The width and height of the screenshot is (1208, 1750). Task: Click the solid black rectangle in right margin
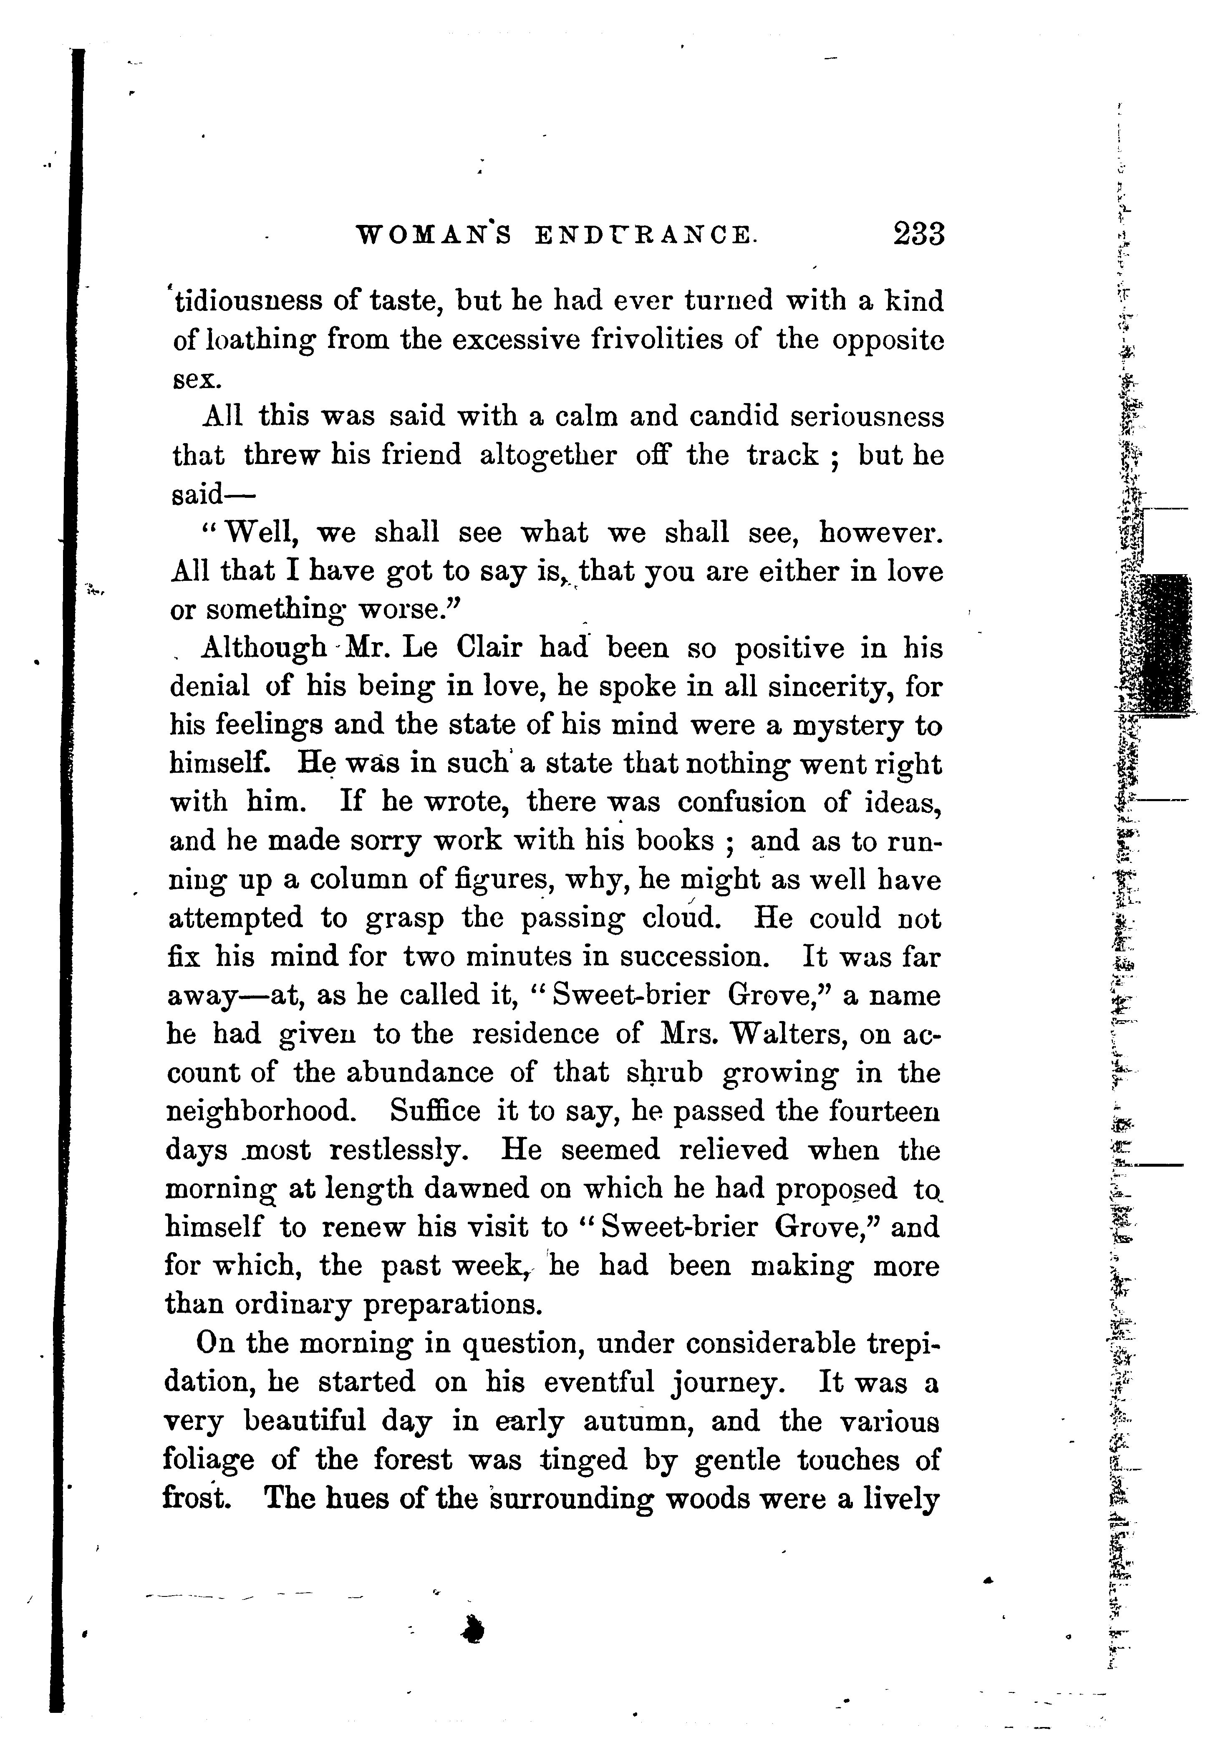1165,643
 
